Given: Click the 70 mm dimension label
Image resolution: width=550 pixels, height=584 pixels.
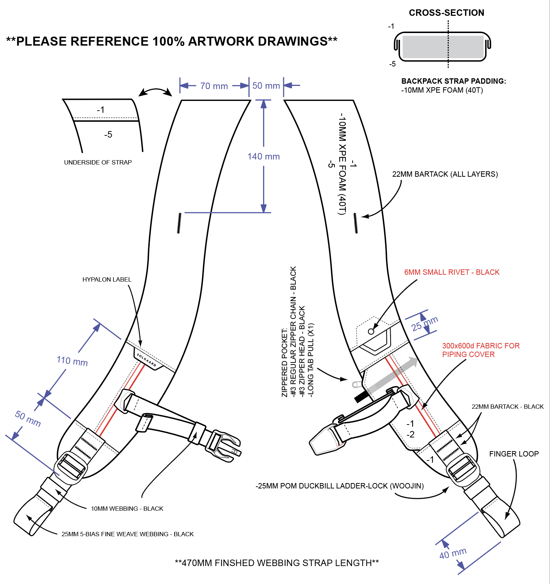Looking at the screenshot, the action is click(214, 86).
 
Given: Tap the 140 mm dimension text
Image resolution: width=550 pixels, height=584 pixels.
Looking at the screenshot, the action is click(264, 157).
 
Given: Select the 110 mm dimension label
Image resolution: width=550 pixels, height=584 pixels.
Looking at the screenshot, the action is click(72, 361).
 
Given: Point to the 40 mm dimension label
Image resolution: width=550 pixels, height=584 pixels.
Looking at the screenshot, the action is click(453, 553).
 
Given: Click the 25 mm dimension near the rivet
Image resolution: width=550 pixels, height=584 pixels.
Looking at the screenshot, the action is click(425, 324).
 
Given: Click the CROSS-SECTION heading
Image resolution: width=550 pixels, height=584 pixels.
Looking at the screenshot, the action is click(447, 13).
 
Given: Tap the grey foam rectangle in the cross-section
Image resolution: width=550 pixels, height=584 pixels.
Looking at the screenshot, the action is click(443, 47).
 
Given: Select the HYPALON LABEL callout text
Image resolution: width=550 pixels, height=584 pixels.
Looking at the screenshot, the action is click(107, 279).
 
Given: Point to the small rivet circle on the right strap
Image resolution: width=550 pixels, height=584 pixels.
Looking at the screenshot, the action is click(371, 332).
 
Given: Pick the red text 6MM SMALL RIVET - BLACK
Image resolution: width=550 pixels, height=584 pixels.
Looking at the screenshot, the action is click(452, 272).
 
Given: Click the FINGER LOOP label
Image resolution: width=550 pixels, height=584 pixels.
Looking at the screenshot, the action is click(514, 454).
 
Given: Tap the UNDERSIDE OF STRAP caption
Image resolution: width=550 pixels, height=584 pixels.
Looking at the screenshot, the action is click(98, 162).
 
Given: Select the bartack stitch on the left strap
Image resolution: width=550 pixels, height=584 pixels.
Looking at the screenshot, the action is click(179, 223).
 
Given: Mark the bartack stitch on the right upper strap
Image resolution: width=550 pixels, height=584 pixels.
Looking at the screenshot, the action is click(355, 223).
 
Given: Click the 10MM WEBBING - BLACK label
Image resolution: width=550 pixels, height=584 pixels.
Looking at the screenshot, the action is click(127, 509).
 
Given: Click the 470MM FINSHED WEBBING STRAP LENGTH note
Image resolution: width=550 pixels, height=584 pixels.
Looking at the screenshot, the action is click(277, 563).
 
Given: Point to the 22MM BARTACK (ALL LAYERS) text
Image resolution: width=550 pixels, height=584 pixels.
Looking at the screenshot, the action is click(445, 174).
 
